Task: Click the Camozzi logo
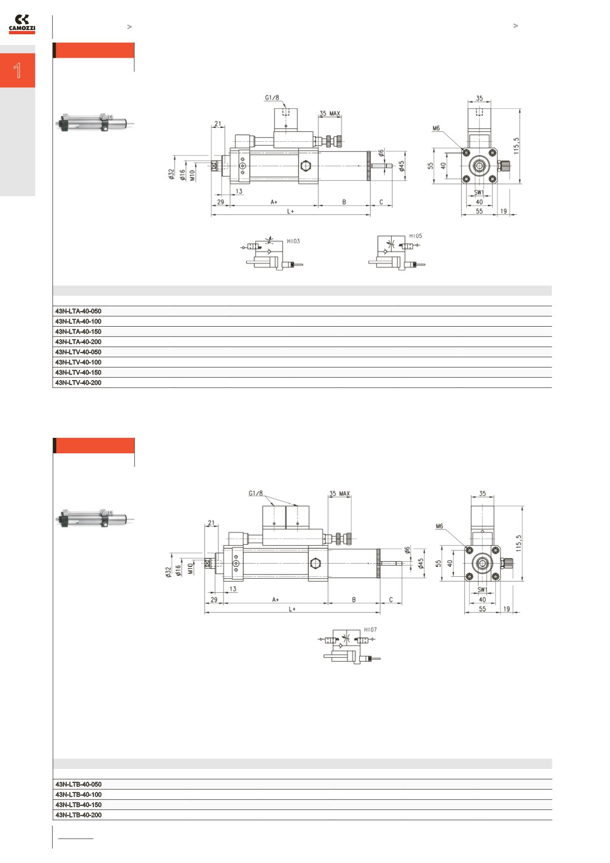click(x=22, y=24)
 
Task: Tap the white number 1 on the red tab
click(x=17, y=70)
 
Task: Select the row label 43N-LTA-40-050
click(x=78, y=311)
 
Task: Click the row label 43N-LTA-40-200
click(x=78, y=342)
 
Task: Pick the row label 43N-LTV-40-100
click(x=78, y=362)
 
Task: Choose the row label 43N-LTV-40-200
click(x=78, y=382)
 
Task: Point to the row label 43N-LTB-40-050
click(x=78, y=784)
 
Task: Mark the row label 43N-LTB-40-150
click(x=78, y=805)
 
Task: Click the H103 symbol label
click(x=293, y=241)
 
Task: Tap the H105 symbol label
click(x=416, y=236)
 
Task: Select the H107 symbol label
click(x=370, y=630)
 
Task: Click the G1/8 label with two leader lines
click(x=256, y=494)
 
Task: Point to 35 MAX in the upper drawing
click(x=330, y=113)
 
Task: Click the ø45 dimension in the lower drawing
click(x=421, y=563)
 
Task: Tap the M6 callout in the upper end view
click(x=436, y=128)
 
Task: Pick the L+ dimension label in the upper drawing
click(x=290, y=211)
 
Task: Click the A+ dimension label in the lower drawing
click(x=275, y=600)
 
